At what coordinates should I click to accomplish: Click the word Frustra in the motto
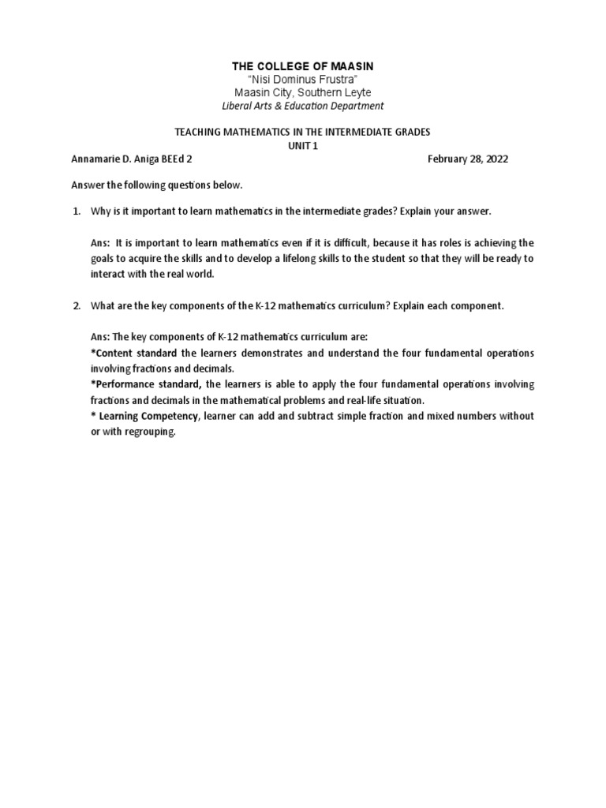click(339, 80)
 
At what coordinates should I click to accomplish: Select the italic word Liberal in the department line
click(240, 106)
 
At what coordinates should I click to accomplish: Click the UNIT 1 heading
click(303, 144)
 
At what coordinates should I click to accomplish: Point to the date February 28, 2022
click(468, 159)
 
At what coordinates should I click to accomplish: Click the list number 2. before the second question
click(77, 305)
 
